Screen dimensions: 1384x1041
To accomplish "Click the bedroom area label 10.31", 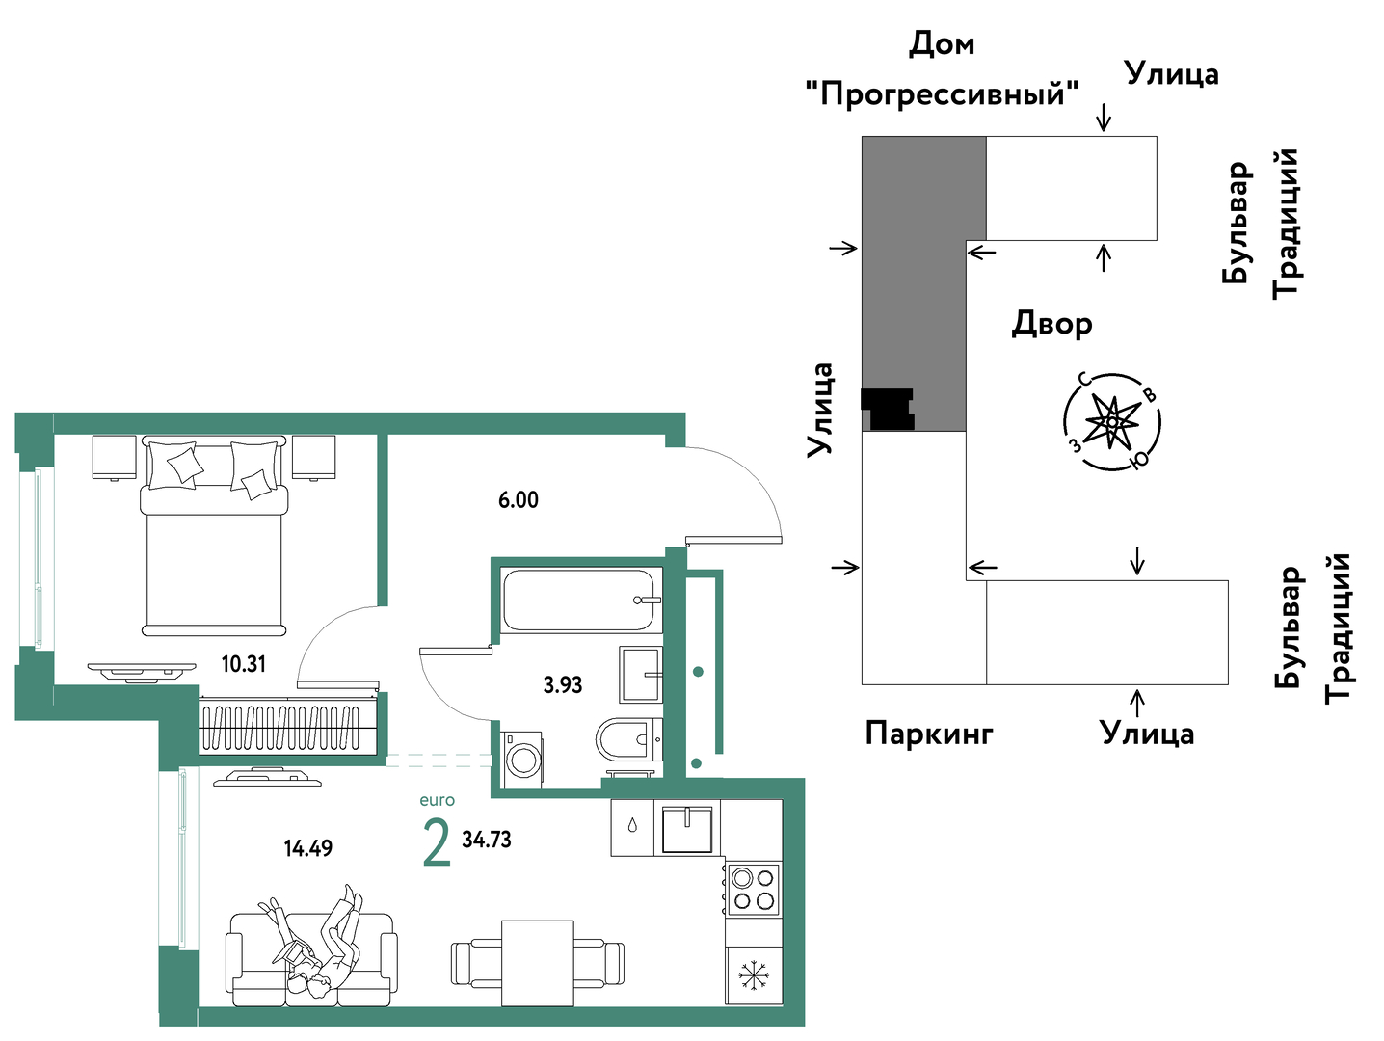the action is (244, 664).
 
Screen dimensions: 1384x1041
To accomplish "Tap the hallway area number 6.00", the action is (519, 500).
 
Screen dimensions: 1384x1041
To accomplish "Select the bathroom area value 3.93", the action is (563, 684).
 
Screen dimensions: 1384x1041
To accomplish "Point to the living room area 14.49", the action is (307, 848).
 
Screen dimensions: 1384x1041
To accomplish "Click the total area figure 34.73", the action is (486, 840).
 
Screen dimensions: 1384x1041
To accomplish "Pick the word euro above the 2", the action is (437, 800).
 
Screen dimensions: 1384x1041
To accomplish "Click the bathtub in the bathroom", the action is (581, 600).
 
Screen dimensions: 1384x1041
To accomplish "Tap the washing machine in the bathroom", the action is (522, 760).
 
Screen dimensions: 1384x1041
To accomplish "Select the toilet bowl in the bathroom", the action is (628, 738).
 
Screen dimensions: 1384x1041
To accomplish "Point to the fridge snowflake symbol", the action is (752, 974).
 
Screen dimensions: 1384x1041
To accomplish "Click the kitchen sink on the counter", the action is (686, 828).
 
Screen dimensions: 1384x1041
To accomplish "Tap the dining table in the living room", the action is (537, 963).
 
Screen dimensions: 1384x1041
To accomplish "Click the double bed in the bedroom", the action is (214, 536).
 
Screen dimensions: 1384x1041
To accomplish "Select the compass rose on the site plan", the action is (1112, 421).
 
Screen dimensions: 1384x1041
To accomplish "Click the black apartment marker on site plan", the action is (887, 410).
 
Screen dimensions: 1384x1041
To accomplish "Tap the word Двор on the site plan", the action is (1051, 324).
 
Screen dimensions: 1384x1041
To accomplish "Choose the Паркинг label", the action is (928, 734).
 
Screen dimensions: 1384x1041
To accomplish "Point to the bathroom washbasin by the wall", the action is (641, 674).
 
